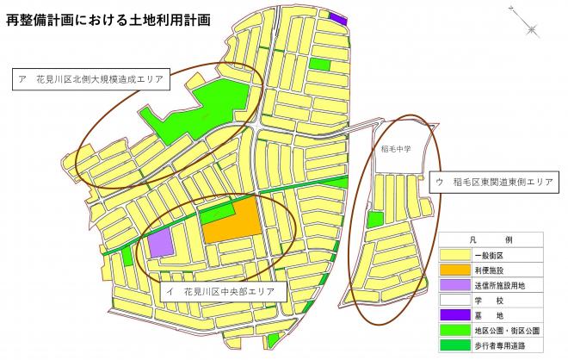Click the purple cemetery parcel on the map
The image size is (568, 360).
click(x=338, y=18)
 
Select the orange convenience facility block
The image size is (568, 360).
click(x=233, y=221)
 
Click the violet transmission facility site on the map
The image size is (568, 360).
click(x=159, y=243)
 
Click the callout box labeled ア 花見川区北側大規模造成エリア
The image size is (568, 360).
click(x=93, y=80)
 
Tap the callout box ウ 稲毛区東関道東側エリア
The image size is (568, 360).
click(x=493, y=183)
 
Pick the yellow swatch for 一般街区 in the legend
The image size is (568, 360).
click(x=454, y=256)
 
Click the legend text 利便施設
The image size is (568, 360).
click(x=486, y=271)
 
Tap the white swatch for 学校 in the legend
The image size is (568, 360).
click(x=454, y=301)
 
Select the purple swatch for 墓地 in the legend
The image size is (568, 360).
click(x=454, y=316)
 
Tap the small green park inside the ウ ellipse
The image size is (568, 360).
click(x=374, y=220)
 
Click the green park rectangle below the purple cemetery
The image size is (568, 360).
click(x=320, y=65)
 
